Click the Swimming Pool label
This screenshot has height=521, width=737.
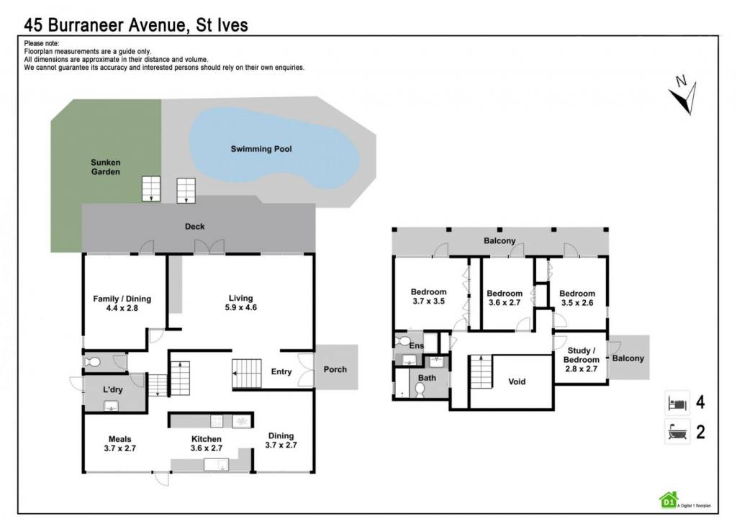(x=261, y=149)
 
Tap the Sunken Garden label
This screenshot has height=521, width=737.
(x=105, y=167)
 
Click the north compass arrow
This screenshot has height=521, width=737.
(x=684, y=96)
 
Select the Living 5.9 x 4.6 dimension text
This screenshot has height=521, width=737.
(x=240, y=307)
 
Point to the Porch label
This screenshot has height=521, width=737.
(x=335, y=369)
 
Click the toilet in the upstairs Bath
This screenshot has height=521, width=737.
(x=420, y=389)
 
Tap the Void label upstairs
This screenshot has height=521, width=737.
(x=517, y=381)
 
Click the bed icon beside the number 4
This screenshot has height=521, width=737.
(x=677, y=402)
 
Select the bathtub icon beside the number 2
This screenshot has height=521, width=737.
(x=677, y=431)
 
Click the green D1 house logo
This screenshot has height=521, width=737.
(x=669, y=500)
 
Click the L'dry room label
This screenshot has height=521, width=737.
(x=113, y=389)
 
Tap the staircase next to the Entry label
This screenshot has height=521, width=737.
(x=246, y=373)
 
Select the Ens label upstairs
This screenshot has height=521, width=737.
(x=417, y=345)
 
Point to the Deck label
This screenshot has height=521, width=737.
(x=194, y=227)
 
